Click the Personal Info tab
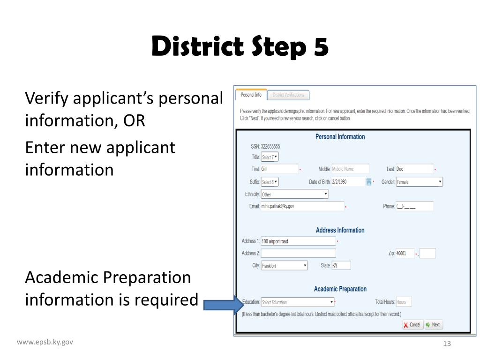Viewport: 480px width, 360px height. coord(251,95)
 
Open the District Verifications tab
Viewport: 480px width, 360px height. coord(288,95)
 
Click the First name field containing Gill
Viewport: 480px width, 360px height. coord(279,169)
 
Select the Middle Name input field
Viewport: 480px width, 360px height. coord(350,169)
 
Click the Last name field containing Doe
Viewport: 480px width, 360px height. coord(414,169)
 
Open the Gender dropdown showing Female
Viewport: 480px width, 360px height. coord(419,182)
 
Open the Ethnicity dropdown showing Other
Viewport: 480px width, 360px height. coord(294,194)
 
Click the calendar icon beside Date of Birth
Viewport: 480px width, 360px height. coord(369,182)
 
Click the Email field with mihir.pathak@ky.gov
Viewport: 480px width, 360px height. coord(302,206)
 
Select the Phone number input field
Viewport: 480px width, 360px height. coord(414,206)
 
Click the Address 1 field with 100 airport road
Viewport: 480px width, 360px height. coord(298,241)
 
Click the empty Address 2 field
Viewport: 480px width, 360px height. coord(298,254)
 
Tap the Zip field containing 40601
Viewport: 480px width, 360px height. coord(405,254)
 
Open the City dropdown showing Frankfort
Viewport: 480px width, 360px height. coord(285,266)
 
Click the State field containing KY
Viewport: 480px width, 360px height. coord(341,266)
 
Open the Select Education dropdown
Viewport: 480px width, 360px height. coord(298,302)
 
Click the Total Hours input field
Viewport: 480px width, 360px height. coord(404,302)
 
